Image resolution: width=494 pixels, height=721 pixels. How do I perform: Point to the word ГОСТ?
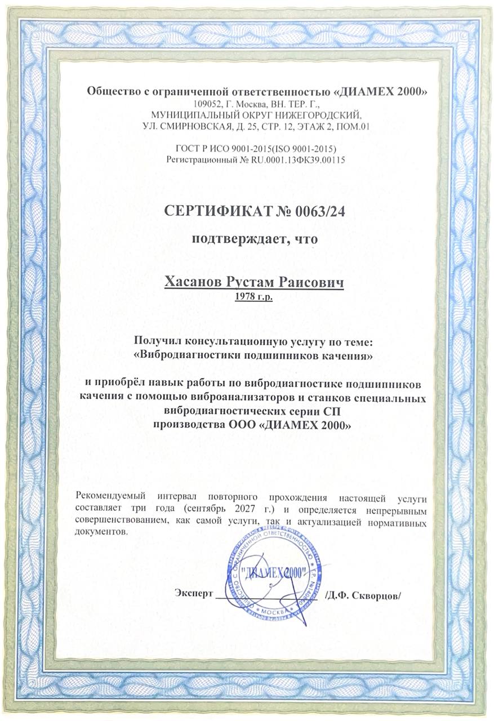pos(188,149)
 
